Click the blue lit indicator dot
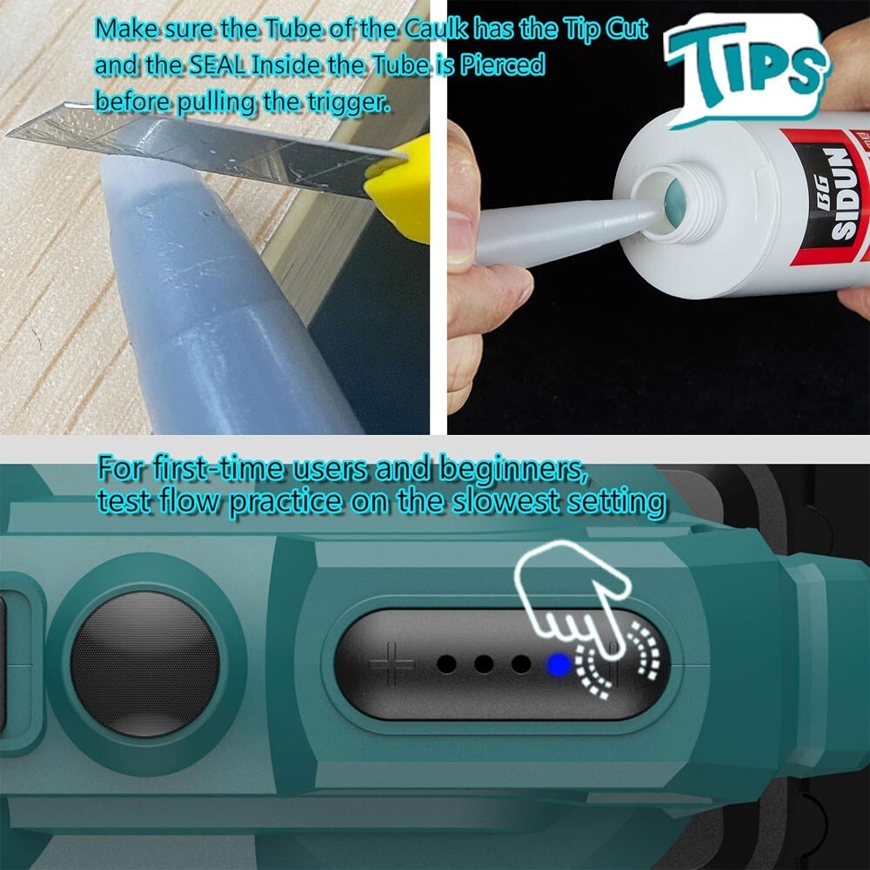559,664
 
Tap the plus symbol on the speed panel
391,664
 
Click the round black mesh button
145,664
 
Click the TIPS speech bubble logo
746,68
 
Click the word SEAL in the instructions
217,66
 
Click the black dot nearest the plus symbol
446,664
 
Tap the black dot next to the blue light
521,664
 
